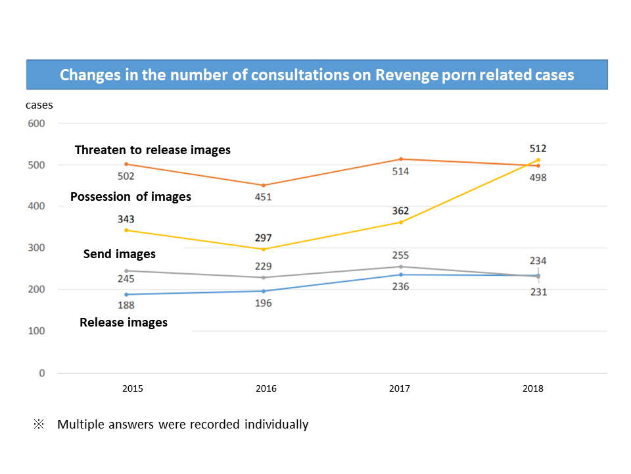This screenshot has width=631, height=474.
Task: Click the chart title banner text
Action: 317,74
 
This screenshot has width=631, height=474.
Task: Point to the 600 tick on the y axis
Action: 36,123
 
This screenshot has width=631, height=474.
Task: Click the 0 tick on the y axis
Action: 41,373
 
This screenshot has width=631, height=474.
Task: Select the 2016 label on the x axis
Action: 266,388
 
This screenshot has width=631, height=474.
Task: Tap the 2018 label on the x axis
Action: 532,388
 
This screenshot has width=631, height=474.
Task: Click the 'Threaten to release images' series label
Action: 152,150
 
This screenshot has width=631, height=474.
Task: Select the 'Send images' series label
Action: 120,253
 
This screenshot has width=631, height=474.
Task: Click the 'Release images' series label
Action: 124,323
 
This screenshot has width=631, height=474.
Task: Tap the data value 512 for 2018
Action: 538,148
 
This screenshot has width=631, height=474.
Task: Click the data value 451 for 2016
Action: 264,197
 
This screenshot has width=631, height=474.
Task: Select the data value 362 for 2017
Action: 400,211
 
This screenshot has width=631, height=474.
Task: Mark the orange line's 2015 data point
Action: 126,164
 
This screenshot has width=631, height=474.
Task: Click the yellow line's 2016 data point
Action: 264,249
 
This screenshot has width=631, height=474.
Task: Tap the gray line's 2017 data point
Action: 400,267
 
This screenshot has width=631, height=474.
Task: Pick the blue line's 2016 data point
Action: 264,291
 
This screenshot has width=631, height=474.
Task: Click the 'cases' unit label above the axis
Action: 39,105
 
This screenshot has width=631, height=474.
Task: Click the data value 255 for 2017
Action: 400,255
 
